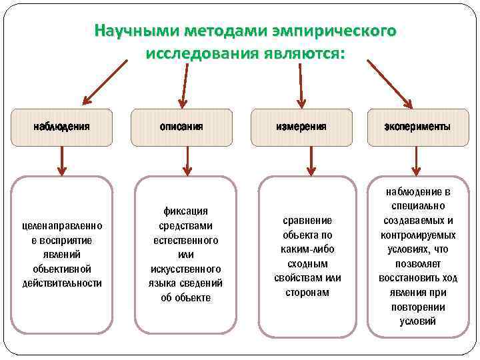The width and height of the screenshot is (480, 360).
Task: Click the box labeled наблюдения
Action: tap(62, 126)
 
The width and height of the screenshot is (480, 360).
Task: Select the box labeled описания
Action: tap(181, 126)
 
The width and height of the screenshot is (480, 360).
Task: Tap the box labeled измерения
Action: tap(301, 126)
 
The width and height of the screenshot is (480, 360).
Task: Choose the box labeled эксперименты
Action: tap(417, 126)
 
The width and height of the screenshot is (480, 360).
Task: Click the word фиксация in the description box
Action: tap(185, 211)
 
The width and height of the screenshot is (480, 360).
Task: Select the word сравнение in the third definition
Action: tap(307, 220)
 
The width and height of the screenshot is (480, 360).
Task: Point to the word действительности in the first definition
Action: tap(62, 283)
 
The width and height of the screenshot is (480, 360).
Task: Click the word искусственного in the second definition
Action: tap(185, 269)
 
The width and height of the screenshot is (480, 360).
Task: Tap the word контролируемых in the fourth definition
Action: tap(418, 235)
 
